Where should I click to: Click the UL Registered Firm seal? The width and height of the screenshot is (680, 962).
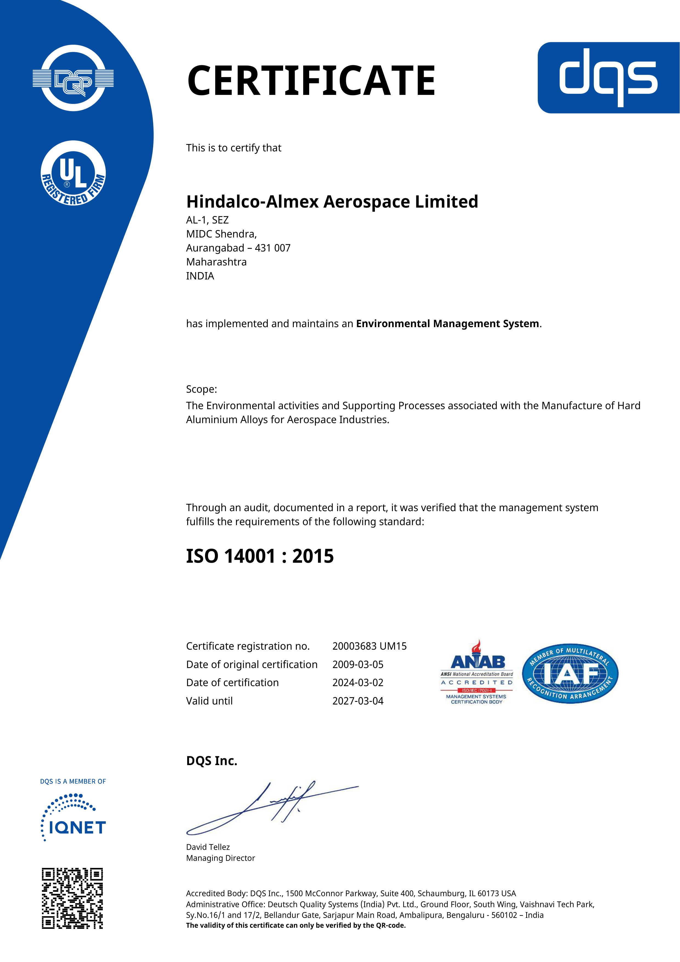[x=73, y=173]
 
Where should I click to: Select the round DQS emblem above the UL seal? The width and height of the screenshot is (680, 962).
[x=73, y=78]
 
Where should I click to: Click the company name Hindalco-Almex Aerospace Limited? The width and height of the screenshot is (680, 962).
[x=332, y=202]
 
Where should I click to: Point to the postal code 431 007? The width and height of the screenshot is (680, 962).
[x=273, y=248]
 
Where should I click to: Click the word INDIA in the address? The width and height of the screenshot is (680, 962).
[x=200, y=276]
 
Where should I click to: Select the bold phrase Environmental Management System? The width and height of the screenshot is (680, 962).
[x=447, y=324]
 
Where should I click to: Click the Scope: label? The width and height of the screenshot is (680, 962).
[x=201, y=389]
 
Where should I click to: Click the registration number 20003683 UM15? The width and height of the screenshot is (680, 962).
[x=369, y=646]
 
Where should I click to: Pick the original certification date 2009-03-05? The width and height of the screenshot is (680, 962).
[x=358, y=664]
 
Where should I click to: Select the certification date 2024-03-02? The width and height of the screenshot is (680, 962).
[x=358, y=683]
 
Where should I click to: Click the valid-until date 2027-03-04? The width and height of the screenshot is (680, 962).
[x=358, y=701]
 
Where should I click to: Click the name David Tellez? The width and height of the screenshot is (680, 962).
[x=208, y=847]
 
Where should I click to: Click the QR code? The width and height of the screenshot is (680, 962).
[x=72, y=898]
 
